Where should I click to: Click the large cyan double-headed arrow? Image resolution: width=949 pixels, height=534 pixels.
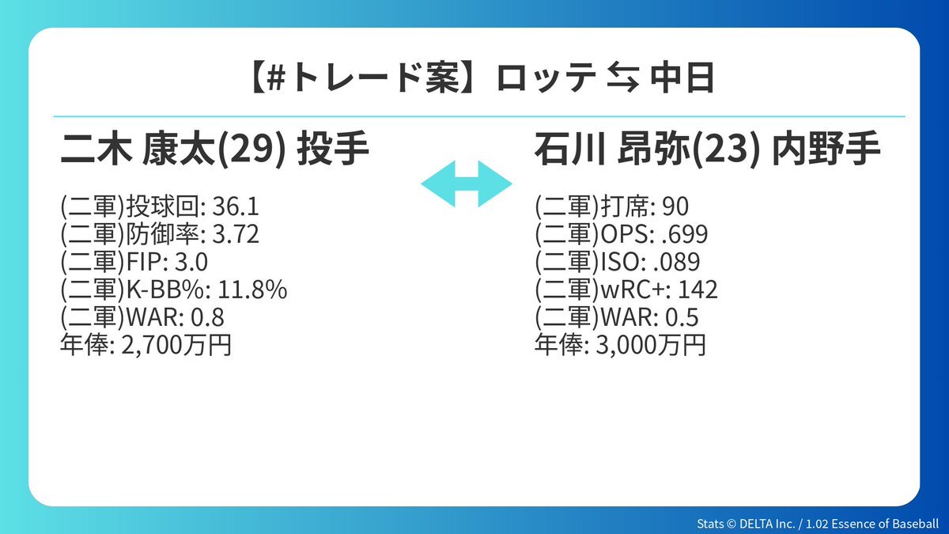pyautogui.click(x=467, y=184)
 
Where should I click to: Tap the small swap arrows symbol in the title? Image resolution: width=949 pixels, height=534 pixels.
pyautogui.click(x=623, y=78)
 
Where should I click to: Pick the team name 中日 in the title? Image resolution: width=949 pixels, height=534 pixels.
pyautogui.click(x=682, y=78)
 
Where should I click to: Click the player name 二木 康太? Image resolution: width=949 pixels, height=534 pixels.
pyautogui.click(x=138, y=149)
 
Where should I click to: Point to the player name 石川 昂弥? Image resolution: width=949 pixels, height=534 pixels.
pyautogui.click(x=613, y=149)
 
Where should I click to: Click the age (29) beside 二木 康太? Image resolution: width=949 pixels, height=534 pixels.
pyautogui.click(x=251, y=150)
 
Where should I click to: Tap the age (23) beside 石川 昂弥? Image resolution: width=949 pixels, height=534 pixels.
pyautogui.click(x=725, y=150)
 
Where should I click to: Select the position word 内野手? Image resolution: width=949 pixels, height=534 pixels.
pyautogui.click(x=826, y=149)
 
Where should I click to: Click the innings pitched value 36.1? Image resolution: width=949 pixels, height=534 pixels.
pyautogui.click(x=235, y=206)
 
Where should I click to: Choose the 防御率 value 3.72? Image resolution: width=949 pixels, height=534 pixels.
pyautogui.click(x=235, y=234)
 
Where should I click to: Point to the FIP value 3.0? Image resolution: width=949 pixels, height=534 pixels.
pyautogui.click(x=191, y=262)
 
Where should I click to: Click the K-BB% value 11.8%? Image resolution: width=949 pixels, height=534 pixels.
pyautogui.click(x=252, y=290)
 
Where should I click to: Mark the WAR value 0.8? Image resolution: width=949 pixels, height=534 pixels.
pyautogui.click(x=207, y=317)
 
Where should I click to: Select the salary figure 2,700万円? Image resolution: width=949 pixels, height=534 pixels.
pyautogui.click(x=176, y=345)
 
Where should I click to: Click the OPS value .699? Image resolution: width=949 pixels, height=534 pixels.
pyautogui.click(x=685, y=234)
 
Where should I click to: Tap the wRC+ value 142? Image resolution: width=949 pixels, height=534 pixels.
pyautogui.click(x=698, y=290)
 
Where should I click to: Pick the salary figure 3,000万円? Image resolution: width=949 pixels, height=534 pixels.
pyautogui.click(x=651, y=345)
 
